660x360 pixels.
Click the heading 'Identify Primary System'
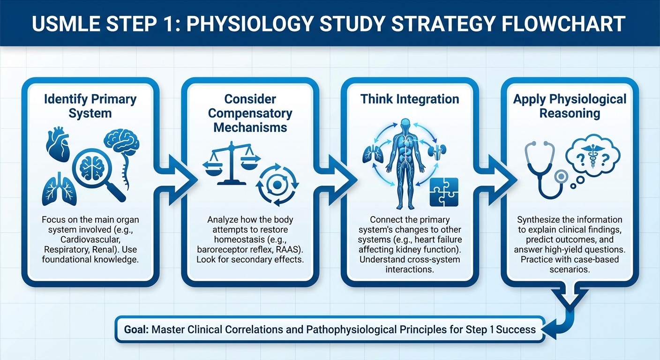pos(90,106)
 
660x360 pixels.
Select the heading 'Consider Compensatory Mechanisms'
pos(250,113)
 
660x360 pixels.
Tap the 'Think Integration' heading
pos(410,99)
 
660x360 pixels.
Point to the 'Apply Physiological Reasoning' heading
pos(570,106)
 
